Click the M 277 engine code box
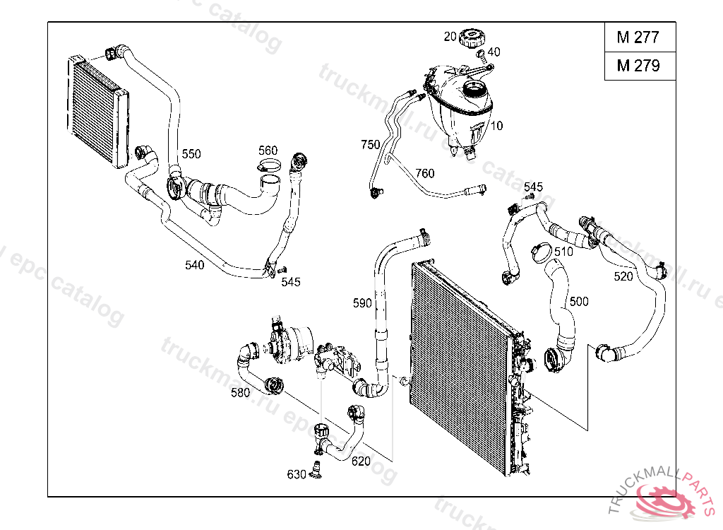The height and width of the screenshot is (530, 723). pyautogui.click(x=640, y=37)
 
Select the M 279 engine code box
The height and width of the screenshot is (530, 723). pyautogui.click(x=640, y=66)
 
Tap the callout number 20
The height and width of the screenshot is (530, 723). pyautogui.click(x=450, y=36)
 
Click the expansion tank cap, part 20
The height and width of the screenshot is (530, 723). pyautogui.click(x=474, y=38)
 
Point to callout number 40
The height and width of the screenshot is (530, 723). pyautogui.click(x=494, y=52)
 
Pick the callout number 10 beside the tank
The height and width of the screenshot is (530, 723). pyautogui.click(x=496, y=126)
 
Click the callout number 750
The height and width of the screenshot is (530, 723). pyautogui.click(x=370, y=145)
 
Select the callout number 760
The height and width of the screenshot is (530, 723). pyautogui.click(x=424, y=173)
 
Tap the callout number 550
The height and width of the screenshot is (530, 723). pyautogui.click(x=191, y=154)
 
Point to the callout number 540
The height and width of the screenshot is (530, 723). pyautogui.click(x=194, y=265)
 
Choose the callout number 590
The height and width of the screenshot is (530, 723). pyautogui.click(x=362, y=303)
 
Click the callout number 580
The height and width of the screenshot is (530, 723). pyautogui.click(x=240, y=392)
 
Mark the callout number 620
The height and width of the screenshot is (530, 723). pyautogui.click(x=361, y=461)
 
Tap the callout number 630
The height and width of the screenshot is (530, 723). pyautogui.click(x=297, y=474)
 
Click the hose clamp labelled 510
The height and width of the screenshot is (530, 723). pyautogui.click(x=541, y=252)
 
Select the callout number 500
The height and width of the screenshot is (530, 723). pyautogui.click(x=579, y=302)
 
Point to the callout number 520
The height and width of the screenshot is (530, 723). pyautogui.click(x=623, y=276)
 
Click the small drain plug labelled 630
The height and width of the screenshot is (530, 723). pyautogui.click(x=317, y=469)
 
